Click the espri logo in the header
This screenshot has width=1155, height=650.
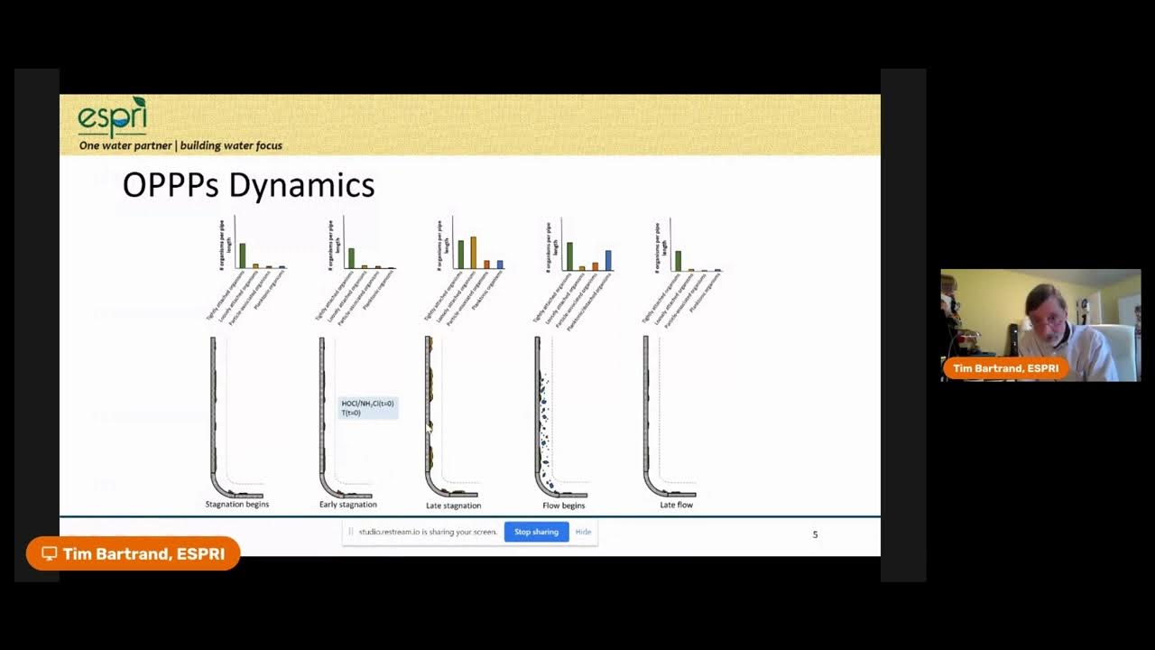tap(112, 117)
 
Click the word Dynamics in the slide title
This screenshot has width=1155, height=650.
tap(301, 186)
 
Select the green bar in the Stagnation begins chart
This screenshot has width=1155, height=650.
tap(242, 255)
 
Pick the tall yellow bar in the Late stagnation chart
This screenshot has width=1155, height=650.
tap(473, 253)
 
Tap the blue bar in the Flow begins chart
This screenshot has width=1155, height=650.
tap(608, 260)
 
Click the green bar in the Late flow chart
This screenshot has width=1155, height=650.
tap(678, 261)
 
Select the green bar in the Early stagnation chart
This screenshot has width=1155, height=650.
tap(351, 258)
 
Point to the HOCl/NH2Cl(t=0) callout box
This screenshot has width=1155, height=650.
tap(367, 408)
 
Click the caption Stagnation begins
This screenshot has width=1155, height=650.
tap(236, 505)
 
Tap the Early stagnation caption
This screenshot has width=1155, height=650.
tap(347, 505)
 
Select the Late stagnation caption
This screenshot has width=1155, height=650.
tap(453, 506)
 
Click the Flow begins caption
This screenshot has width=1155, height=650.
tap(563, 506)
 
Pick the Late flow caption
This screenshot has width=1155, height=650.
tap(676, 505)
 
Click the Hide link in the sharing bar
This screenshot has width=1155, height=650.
tap(583, 532)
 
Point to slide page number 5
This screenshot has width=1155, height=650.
tap(815, 534)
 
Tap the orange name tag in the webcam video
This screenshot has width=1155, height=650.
tap(1005, 368)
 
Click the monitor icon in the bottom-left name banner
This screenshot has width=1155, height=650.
tap(50, 553)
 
